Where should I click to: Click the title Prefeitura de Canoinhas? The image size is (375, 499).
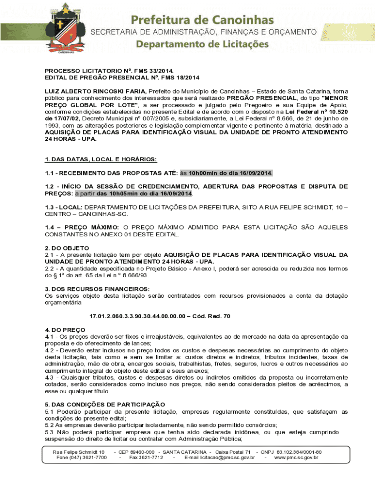coord(202,20)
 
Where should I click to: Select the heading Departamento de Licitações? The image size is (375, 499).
coord(202,44)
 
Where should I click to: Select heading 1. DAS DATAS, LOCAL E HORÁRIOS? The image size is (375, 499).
coord(101,160)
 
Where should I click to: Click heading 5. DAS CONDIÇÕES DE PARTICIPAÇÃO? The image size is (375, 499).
coord(105,404)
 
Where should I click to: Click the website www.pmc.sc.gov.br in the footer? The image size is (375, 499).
coord(296,458)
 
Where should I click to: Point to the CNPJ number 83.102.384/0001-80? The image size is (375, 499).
coord(299,452)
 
